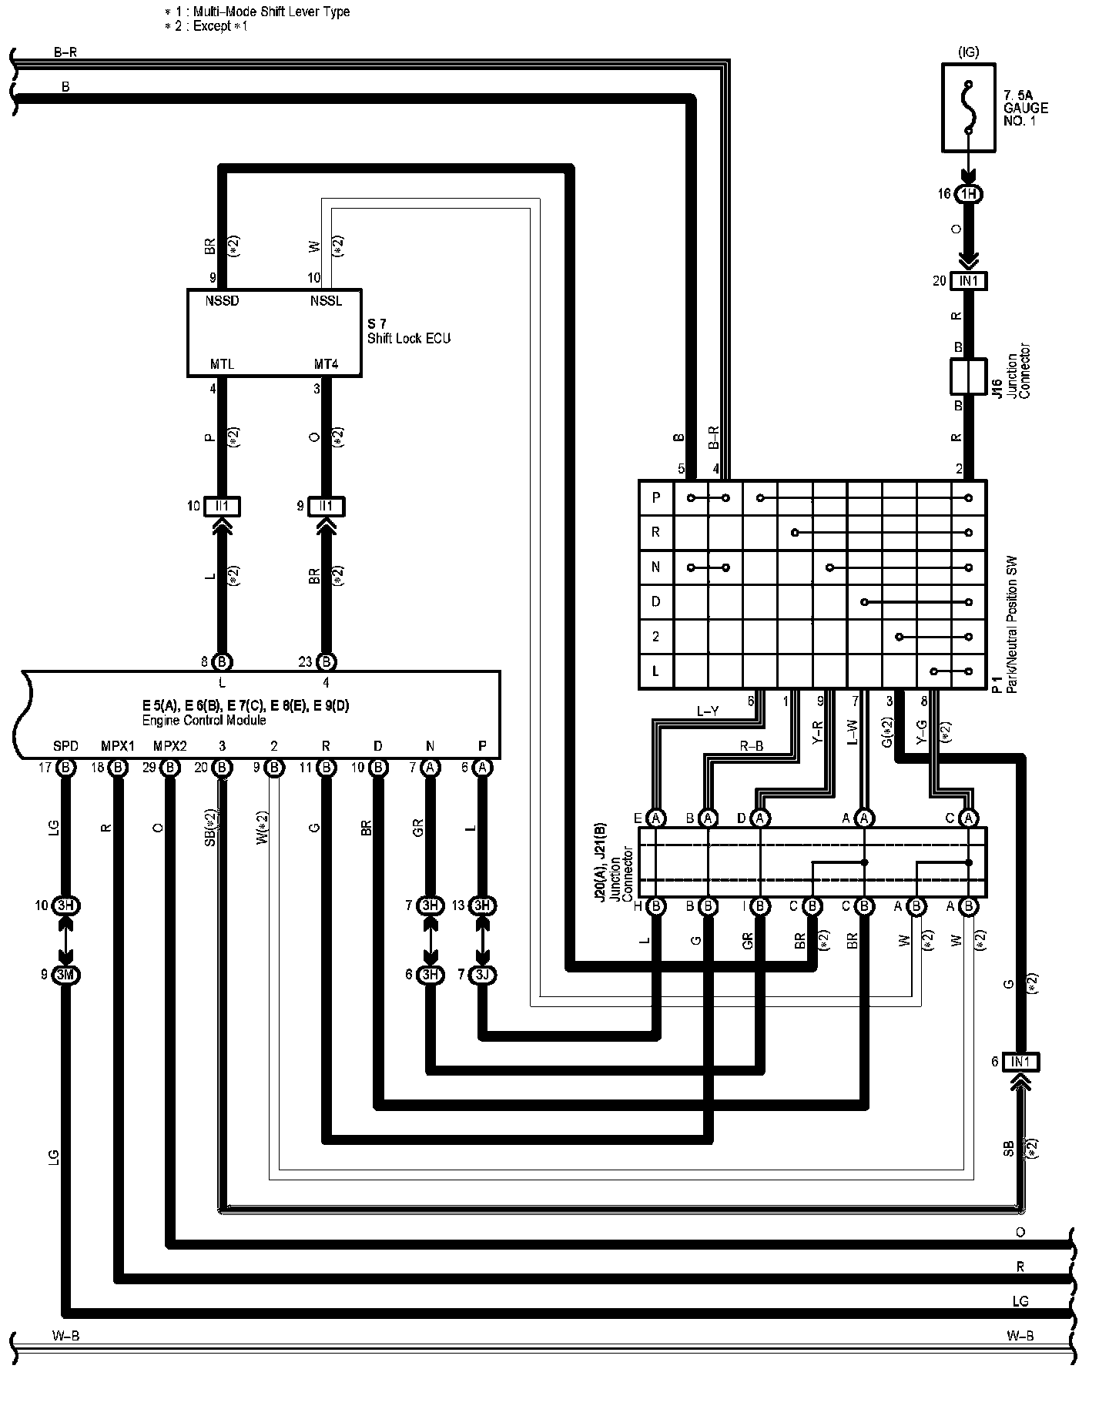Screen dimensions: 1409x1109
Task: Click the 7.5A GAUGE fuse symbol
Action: coord(969,107)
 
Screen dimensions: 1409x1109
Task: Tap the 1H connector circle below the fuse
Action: coord(969,194)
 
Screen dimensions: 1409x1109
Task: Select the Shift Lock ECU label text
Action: coord(408,338)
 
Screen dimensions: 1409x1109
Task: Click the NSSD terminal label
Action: coord(223,301)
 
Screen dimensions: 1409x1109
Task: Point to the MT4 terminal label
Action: coord(326,364)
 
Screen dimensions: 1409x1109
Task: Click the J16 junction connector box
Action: coord(969,377)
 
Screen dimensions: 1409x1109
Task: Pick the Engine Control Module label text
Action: coord(204,721)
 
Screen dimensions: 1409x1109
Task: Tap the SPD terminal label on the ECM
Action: coord(66,746)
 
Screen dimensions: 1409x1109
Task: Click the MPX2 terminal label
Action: coord(169,746)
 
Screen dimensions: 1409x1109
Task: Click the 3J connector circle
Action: coord(483,975)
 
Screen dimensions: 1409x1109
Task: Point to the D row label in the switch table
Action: coord(656,601)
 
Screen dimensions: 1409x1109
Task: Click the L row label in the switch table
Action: coord(656,671)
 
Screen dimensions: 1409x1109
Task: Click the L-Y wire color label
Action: coord(708,712)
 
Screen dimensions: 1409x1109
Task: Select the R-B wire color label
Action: coord(752,747)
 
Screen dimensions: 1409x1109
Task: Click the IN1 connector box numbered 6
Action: coord(1020,1062)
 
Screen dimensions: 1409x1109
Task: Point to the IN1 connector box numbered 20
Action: coord(969,281)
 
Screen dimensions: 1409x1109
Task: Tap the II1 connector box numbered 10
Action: coord(223,506)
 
